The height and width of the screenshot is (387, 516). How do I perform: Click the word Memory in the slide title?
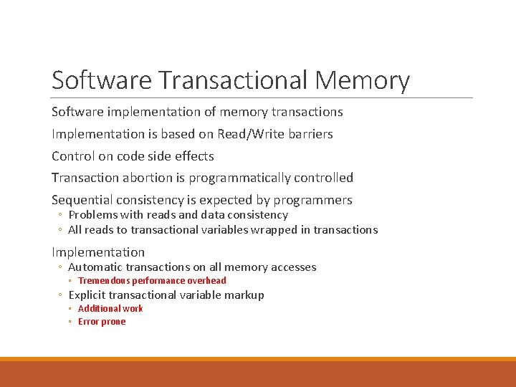362,80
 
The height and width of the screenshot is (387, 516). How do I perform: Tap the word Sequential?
81,200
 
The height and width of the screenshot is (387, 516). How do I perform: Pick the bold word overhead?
206,281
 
